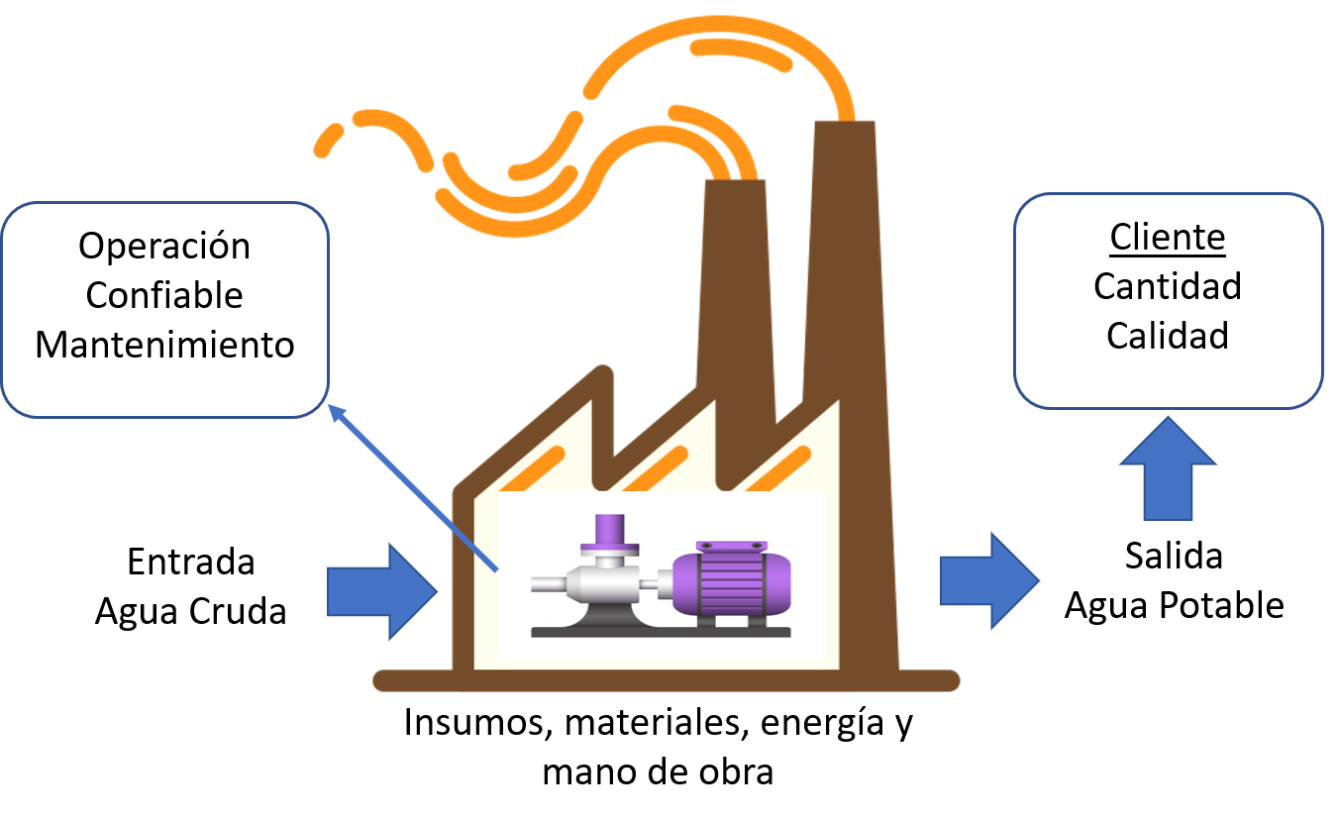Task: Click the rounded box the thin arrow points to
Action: [x=164, y=309]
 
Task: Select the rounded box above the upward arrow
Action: [x=1168, y=300]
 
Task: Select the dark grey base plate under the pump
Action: [x=661, y=631]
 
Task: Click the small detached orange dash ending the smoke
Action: [x=326, y=141]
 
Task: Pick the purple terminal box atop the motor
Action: [x=731, y=547]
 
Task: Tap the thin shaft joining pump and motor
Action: [x=655, y=585]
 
